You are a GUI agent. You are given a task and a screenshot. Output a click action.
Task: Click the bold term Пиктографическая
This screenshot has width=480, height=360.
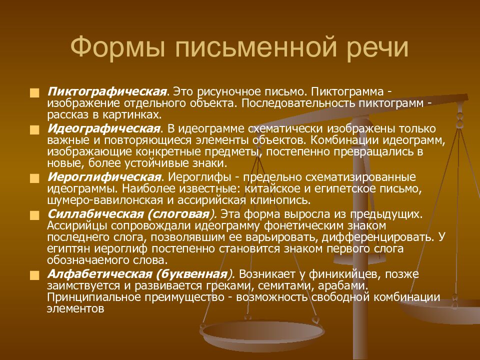click(106, 92)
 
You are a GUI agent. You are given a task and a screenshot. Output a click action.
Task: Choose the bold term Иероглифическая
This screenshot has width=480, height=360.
click(104, 177)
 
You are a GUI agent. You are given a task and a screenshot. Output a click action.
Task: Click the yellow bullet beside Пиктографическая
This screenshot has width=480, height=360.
click(33, 93)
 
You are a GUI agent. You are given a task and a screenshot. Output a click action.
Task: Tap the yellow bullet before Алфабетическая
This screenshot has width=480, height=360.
click(33, 275)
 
